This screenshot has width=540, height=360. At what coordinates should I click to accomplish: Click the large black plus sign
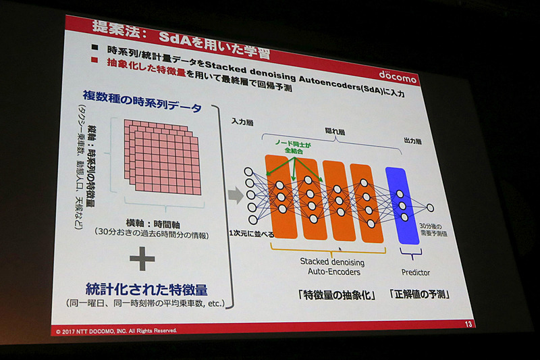(142, 258)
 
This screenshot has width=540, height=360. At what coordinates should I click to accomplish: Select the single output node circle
(430, 207)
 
